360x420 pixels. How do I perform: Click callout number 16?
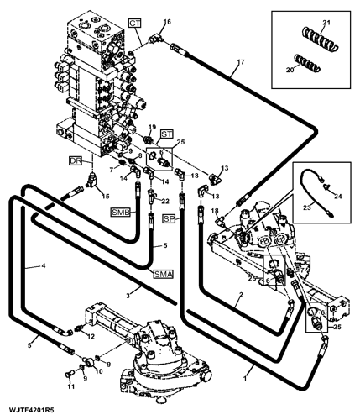click(x=166, y=21)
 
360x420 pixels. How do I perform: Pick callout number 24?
click(x=340, y=197)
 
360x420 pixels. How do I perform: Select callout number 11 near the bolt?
click(x=70, y=386)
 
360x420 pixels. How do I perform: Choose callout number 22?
click(x=166, y=201)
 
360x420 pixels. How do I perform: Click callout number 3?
click(x=128, y=295)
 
